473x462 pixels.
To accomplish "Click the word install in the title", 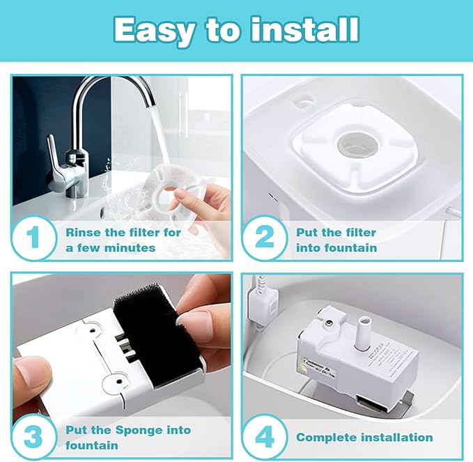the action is [305, 29].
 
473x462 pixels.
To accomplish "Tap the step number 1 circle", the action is [33, 237].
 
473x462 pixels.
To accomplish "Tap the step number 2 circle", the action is [264, 237].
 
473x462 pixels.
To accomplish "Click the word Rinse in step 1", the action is [84, 232].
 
